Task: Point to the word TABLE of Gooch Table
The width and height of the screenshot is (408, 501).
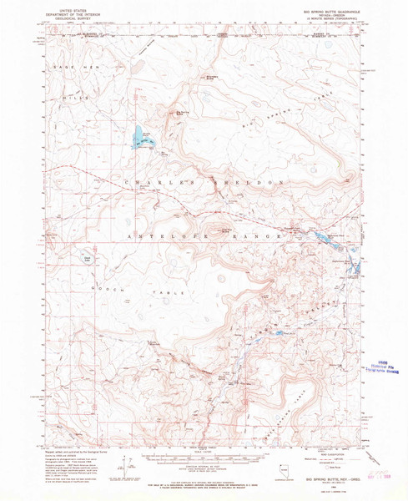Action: tap(163, 293)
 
